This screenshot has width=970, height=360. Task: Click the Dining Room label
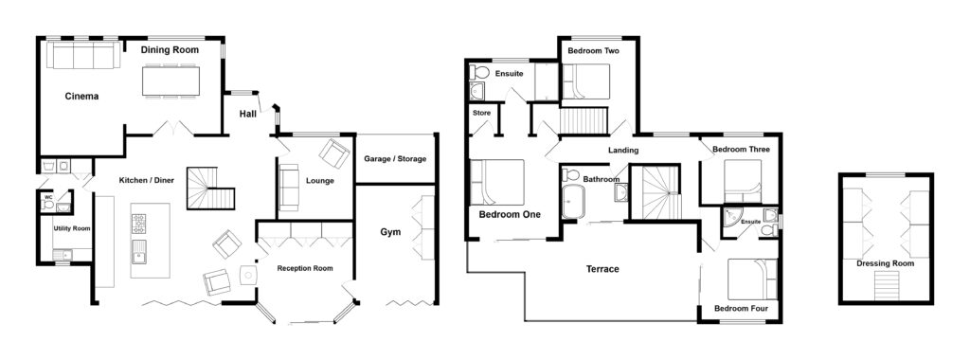point(171,49)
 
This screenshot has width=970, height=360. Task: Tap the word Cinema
point(81,96)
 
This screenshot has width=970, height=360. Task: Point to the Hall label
point(247,114)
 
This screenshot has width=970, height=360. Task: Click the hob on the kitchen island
point(138,224)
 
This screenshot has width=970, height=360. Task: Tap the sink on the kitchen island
point(138,251)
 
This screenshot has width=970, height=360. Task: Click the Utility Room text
point(71,228)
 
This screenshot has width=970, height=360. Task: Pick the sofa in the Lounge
point(289,189)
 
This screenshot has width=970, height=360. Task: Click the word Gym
point(390,231)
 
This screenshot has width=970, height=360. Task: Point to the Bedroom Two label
point(594,50)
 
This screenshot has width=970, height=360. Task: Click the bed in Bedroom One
point(498,181)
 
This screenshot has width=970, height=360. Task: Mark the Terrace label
point(602,269)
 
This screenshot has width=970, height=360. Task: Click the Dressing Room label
point(885,263)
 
